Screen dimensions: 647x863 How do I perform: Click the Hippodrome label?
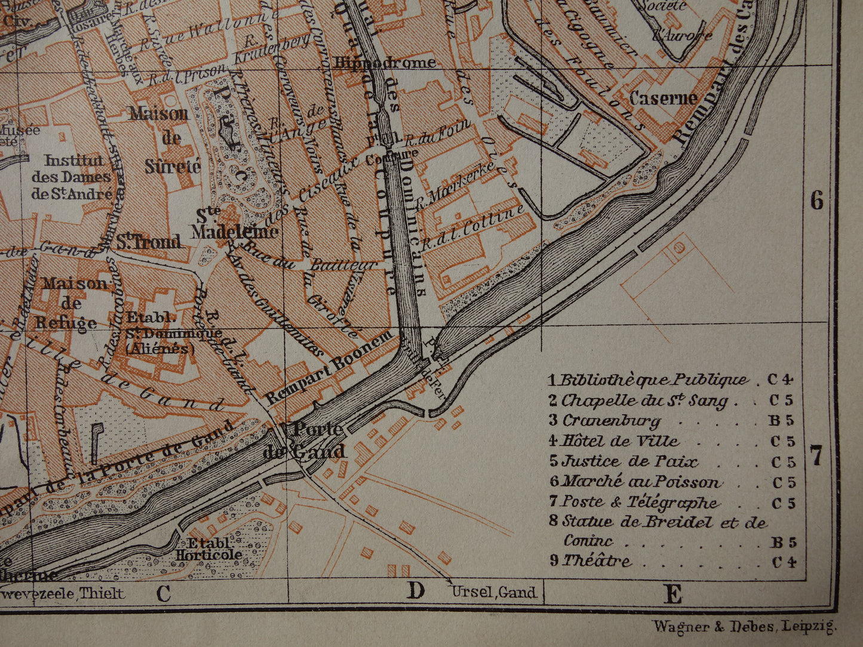coord(385,63)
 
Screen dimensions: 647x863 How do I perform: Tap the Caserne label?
coord(663,98)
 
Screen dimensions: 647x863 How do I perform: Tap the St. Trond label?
coord(148,242)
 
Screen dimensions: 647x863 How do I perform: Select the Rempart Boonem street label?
coord(330,367)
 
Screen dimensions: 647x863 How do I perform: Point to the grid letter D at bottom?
coord(416,591)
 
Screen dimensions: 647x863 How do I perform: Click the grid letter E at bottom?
coord(672,594)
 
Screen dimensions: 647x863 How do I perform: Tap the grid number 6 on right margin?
coord(816,201)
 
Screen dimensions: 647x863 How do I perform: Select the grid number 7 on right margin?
coord(816,457)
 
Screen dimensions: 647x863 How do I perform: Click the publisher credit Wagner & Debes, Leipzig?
coord(745,626)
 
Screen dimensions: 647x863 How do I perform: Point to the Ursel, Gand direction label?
coord(494,593)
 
